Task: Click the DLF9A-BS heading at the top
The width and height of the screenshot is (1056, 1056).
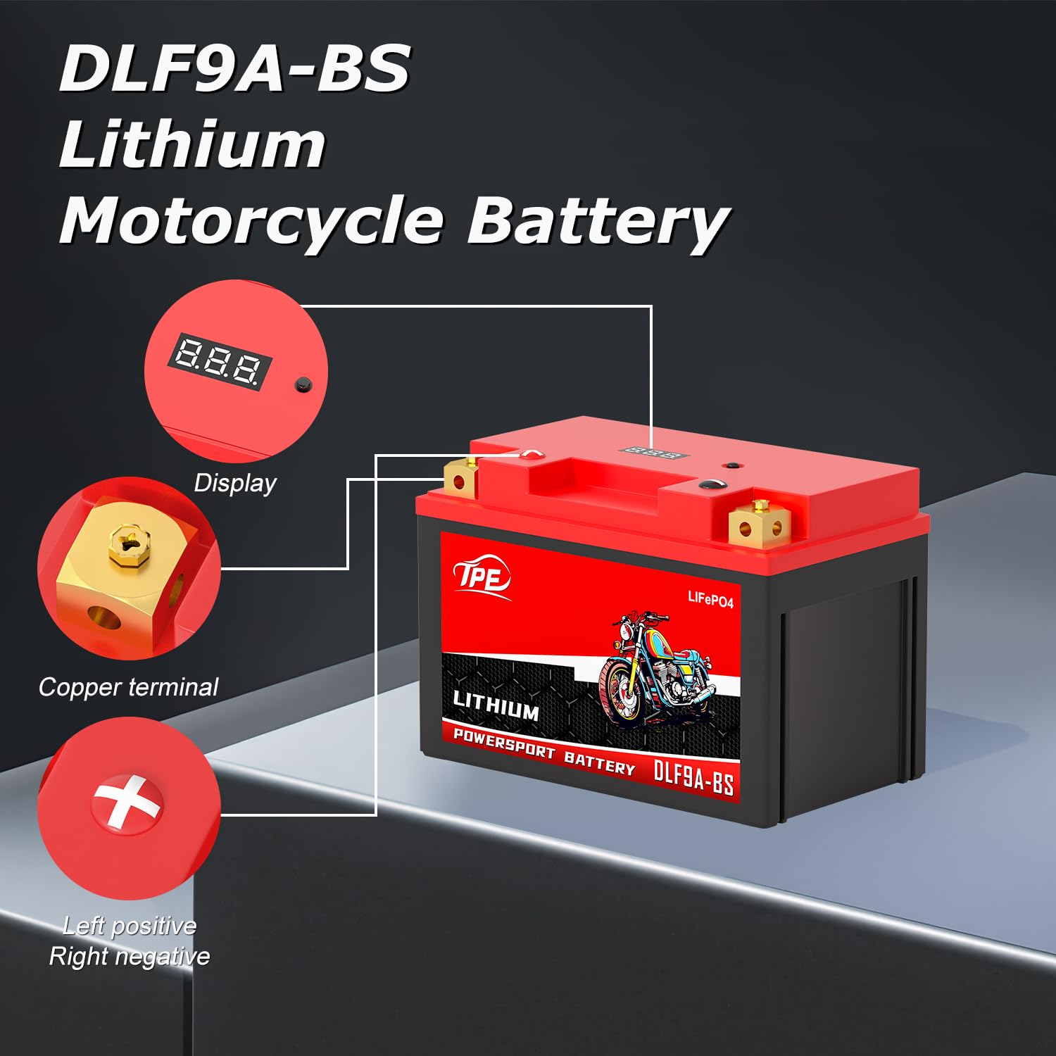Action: tap(234, 68)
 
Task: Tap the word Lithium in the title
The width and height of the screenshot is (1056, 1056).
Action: tap(192, 145)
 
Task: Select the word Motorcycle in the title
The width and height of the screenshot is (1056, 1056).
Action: tap(252, 221)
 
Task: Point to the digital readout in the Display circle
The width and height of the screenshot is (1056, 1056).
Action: tap(220, 361)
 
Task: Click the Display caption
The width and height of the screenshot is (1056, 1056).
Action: tap(235, 484)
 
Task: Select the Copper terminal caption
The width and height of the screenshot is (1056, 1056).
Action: tap(128, 687)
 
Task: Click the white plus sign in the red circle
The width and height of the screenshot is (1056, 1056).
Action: tap(126, 803)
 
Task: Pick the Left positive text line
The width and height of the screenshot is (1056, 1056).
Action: tap(130, 926)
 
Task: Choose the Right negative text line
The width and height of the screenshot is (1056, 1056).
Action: tap(130, 957)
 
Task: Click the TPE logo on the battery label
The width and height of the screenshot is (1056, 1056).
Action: tap(482, 578)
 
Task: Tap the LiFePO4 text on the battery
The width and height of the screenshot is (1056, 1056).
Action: tap(710, 599)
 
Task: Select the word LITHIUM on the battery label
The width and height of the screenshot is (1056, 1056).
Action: tap(496, 705)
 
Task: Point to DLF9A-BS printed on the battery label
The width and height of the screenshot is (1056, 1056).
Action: tap(693, 777)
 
